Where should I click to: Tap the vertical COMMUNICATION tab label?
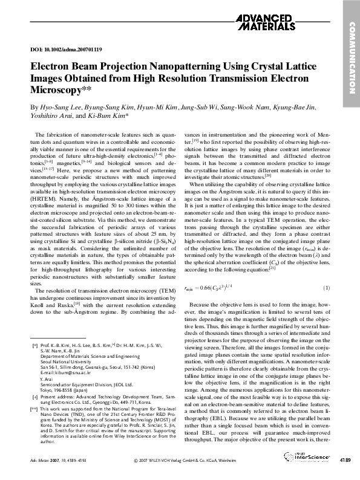350,58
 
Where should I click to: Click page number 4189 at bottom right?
344,461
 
